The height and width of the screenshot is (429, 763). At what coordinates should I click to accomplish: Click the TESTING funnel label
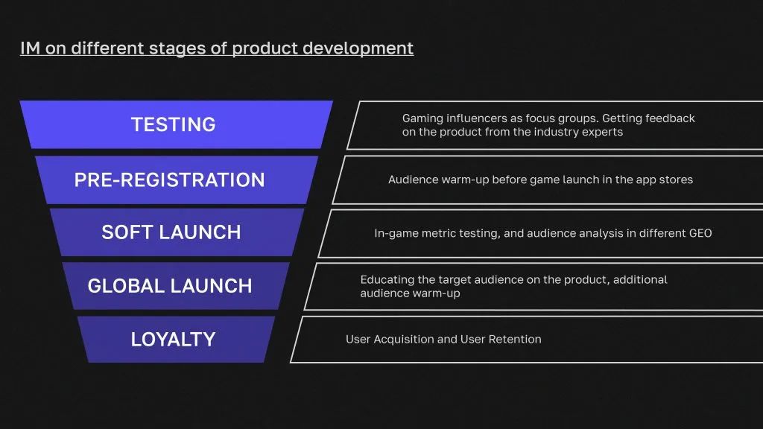(x=173, y=124)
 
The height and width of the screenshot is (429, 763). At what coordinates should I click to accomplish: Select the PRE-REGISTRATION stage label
(x=169, y=180)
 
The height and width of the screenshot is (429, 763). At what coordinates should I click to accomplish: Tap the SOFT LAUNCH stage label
(x=171, y=232)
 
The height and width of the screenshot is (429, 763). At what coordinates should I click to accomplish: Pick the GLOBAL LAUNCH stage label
(x=170, y=286)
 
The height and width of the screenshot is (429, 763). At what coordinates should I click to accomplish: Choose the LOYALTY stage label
(x=173, y=340)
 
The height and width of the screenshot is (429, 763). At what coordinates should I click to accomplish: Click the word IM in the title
(x=30, y=48)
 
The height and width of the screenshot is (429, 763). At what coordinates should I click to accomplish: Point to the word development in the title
(x=358, y=48)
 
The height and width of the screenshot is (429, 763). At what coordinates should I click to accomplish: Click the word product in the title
(x=265, y=49)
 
